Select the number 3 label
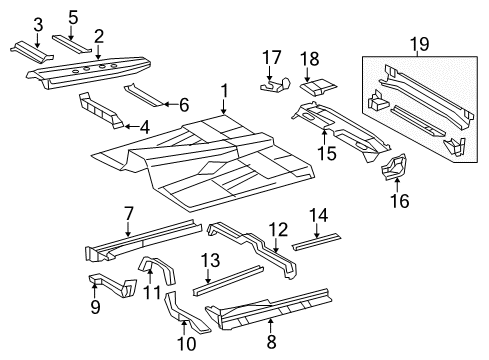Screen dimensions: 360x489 pyautogui.click(x=38, y=24)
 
